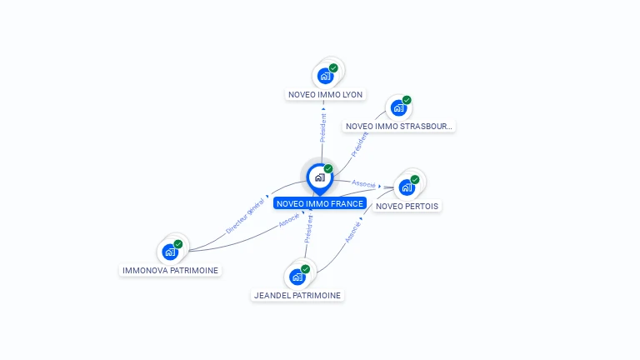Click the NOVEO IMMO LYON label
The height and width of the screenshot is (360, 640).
pos(325,94)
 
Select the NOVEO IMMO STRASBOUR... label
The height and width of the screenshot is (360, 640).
pos(399,126)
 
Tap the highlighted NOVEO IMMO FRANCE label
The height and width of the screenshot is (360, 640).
pos(319,203)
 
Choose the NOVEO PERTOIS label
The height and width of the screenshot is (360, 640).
pos(407,206)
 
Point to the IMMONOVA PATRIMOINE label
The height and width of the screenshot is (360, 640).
pos(171,270)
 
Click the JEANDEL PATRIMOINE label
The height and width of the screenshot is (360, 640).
pos(297,295)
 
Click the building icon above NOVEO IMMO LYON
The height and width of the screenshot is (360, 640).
pos(325,76)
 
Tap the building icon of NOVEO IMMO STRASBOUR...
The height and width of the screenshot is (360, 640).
pos(398,108)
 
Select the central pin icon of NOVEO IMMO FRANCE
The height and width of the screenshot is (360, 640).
pos(319,177)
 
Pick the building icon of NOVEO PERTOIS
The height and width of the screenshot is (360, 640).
pos(407,187)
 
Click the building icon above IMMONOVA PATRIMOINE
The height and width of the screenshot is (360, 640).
pos(170,252)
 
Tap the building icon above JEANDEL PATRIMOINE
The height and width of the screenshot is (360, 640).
pos(297,277)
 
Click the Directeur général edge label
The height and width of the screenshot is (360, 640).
pos(246,216)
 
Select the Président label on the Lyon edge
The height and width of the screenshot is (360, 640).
pos(323,125)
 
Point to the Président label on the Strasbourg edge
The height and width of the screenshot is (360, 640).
pos(360,144)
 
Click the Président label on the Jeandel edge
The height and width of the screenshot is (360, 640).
pos(308,229)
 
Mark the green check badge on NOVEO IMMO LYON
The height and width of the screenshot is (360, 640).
pos(333,68)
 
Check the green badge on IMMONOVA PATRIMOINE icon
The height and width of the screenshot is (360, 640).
pos(178,244)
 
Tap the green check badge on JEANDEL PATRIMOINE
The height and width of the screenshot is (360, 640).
pos(306,269)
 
